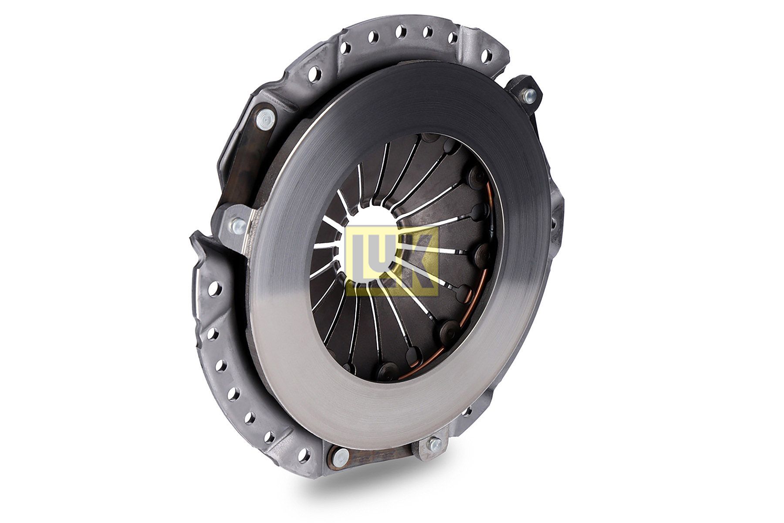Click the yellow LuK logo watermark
pyautogui.click(x=392, y=259)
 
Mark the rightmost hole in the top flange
pyautogui.click(x=488, y=55)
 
